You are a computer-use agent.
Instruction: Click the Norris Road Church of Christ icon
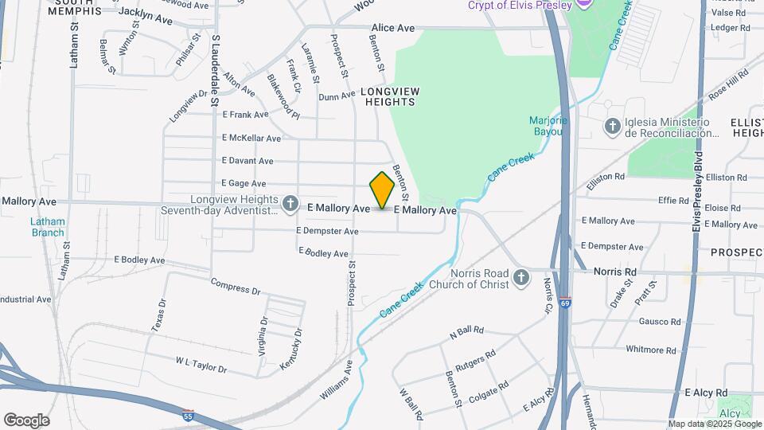[521, 278]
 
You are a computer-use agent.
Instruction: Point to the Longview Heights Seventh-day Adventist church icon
[291, 205]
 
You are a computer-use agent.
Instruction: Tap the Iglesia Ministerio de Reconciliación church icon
[613, 126]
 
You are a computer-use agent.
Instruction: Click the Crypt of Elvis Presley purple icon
[585, 5]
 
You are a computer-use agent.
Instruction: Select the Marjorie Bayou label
[548, 126]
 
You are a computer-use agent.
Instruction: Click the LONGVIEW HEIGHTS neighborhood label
[390, 96]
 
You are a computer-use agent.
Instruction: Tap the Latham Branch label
[48, 227]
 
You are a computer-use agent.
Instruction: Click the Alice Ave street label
[392, 28]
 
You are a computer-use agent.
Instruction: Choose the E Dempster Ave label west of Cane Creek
[327, 231]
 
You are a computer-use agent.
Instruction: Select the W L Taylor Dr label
[201, 365]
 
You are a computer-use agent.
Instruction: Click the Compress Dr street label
[236, 286]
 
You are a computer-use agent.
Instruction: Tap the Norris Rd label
[615, 272]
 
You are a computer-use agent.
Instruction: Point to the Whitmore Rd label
[650, 350]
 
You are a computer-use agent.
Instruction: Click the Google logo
[26, 420]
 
